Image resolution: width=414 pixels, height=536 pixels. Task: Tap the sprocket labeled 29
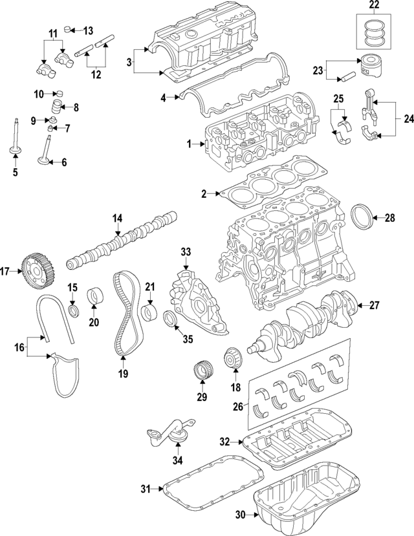pos(203,373)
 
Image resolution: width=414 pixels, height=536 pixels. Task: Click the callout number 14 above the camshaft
pos(117,219)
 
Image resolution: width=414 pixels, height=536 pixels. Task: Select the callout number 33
pos(186,252)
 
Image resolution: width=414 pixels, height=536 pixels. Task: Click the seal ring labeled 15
pos(74,314)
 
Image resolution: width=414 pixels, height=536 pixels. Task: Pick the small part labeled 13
pos(73,30)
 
